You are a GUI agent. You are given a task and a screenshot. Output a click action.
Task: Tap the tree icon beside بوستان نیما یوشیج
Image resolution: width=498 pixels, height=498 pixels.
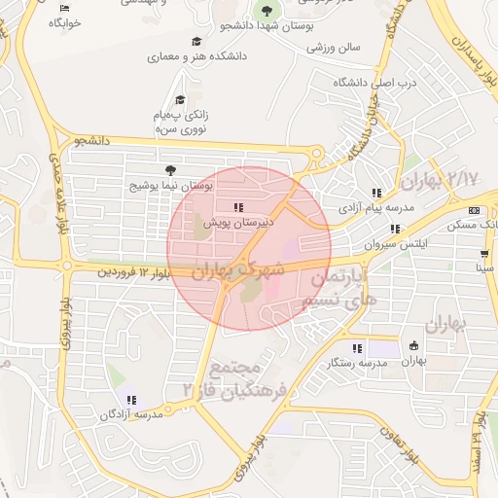(172, 169)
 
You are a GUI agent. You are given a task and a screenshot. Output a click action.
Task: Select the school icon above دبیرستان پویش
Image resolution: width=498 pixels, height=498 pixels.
(238, 207)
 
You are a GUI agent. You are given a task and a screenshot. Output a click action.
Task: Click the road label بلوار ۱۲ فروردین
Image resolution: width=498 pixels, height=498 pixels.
(134, 274)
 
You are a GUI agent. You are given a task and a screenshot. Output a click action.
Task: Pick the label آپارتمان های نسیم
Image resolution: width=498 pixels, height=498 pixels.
(338, 288)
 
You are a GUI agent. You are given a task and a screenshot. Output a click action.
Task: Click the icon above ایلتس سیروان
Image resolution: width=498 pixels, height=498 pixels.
(394, 230)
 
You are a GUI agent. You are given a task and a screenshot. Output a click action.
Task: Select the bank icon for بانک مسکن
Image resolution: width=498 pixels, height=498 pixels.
(474, 210)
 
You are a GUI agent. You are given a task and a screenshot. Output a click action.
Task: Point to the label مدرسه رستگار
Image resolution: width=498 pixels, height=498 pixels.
(357, 363)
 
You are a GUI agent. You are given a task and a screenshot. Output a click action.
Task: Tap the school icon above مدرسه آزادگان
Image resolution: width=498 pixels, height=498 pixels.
(130, 400)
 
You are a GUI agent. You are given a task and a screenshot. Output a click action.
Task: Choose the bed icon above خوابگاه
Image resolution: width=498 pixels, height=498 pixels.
(65, 9)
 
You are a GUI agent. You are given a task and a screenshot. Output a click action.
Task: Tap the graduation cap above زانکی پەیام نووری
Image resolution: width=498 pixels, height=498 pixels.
(179, 99)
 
